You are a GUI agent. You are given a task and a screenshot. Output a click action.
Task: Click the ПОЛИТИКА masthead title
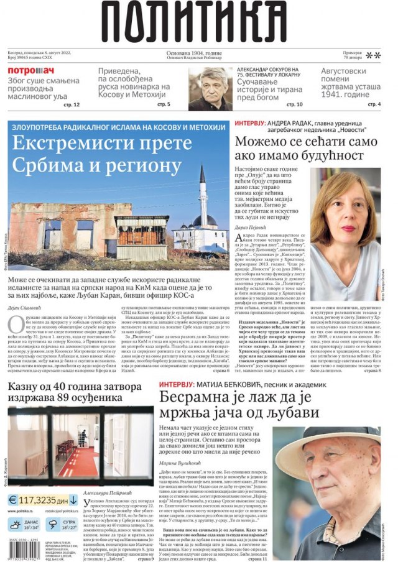coord(198,23)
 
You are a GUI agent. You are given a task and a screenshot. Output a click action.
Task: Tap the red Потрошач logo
coord(31,71)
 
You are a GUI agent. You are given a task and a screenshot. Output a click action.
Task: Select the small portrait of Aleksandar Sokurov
coord(210,88)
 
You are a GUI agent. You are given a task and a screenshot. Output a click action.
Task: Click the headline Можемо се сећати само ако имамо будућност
coord(306,149)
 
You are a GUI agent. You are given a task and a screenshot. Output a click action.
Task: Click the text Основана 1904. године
coord(198,54)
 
